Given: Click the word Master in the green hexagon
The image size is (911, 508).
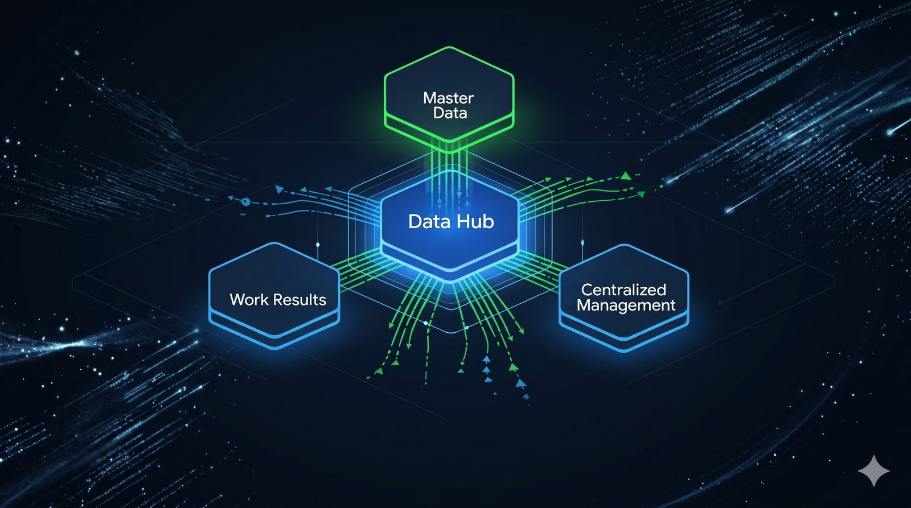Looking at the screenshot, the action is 448,98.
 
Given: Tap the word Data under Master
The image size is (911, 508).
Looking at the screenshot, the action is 450,113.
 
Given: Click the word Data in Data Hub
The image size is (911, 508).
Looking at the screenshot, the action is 429,221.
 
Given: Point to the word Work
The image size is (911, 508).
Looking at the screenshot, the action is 249,300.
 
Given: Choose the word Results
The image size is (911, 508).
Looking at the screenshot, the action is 299,300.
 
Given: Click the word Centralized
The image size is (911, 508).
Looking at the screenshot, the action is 623,290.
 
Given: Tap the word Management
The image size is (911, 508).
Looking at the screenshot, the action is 626,305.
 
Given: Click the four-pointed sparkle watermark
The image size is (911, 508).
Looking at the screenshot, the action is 873,471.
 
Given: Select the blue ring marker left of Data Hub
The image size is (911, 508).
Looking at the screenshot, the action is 245,201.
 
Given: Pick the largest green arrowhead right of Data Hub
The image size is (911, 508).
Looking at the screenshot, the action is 626,176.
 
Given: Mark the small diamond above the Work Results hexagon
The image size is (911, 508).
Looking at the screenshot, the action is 318,245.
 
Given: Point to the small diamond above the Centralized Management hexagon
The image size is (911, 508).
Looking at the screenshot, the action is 582,243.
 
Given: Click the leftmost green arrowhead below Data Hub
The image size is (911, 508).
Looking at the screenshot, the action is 379,371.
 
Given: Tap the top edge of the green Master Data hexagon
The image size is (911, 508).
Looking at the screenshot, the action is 449,48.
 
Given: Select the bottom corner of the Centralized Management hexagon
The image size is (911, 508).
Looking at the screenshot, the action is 625,351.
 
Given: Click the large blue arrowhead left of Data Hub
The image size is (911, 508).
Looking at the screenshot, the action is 280,189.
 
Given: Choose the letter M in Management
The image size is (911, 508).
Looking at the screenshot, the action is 584,305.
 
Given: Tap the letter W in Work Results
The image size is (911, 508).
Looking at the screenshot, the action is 239,300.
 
